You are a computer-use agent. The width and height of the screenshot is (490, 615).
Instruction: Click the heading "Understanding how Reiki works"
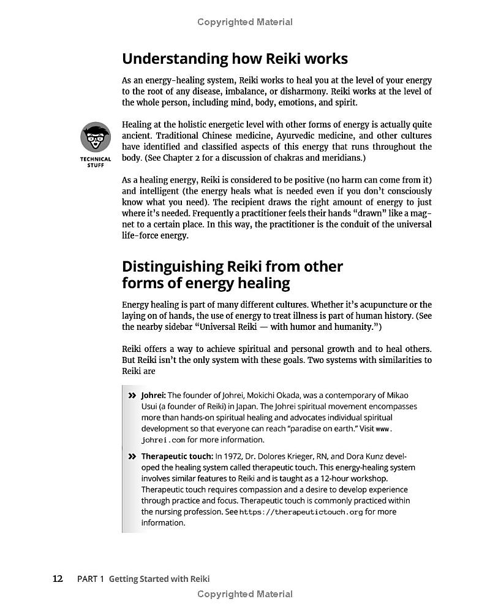235,59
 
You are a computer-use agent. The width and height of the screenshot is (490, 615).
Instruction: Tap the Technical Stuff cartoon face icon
96,138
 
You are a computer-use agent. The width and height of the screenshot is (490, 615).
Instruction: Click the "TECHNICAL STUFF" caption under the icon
96,162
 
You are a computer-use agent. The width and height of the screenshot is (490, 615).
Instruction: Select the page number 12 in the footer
58,578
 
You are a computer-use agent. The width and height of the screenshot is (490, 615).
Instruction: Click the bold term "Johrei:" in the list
153,395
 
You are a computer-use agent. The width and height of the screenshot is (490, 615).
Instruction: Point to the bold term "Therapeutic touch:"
177,456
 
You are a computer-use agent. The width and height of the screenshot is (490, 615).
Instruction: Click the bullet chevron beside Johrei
132,395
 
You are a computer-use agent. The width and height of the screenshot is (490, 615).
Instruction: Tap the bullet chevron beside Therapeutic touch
132,456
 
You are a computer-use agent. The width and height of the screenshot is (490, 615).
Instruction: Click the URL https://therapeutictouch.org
301,512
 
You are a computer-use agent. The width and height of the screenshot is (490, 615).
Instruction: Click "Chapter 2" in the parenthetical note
186,158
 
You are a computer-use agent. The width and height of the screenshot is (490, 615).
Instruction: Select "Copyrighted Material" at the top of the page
245,22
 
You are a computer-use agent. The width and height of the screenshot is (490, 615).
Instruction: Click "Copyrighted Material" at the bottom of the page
245,594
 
